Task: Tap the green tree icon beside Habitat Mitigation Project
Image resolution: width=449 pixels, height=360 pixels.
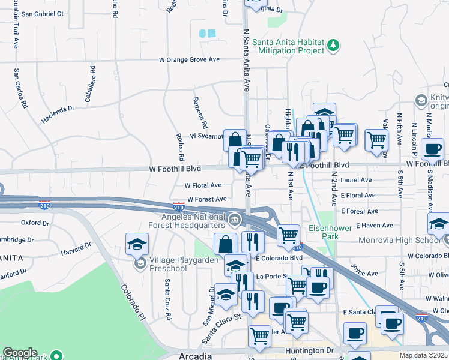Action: pyautogui.click(x=334, y=45)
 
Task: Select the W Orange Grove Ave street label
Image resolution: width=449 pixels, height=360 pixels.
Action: pyautogui.click(x=189, y=60)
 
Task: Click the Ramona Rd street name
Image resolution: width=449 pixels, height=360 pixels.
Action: pyautogui.click(x=199, y=113)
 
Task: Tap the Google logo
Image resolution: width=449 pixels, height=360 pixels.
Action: pyautogui.click(x=20, y=353)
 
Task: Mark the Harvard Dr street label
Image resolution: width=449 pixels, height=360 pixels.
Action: pyautogui.click(x=76, y=248)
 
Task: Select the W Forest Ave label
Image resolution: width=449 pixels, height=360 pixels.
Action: pyautogui.click(x=206, y=199)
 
